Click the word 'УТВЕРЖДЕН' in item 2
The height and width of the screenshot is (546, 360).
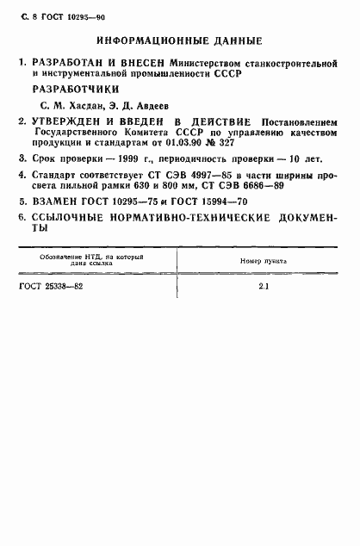click(x=71, y=123)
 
